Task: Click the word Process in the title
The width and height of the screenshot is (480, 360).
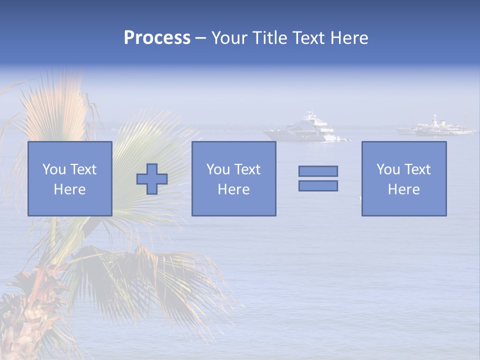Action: tap(157, 38)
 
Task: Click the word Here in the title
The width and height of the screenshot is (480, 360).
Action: tap(349, 38)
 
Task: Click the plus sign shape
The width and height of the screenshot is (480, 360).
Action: tap(152, 179)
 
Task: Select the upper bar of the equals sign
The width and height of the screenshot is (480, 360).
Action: tap(318, 171)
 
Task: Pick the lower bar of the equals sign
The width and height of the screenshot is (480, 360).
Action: tap(318, 186)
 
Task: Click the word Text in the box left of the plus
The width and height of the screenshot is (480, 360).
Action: tap(83, 169)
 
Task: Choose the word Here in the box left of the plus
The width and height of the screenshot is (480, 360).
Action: tap(69, 189)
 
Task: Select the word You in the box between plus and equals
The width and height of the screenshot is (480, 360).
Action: tap(218, 169)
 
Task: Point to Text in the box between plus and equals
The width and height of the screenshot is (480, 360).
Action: tap(247, 169)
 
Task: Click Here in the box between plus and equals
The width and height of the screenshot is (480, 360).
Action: tap(233, 189)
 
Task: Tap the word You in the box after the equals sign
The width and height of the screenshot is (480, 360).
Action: tap(388, 169)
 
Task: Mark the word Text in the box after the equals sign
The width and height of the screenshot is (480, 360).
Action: tap(417, 169)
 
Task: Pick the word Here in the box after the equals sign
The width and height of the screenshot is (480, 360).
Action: tap(403, 189)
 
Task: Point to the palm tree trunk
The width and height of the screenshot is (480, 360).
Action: tap(30, 310)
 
